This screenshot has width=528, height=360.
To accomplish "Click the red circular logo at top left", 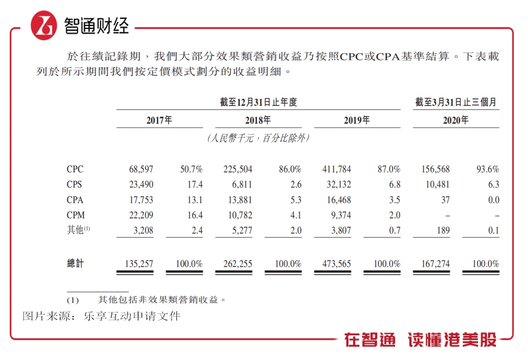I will coord(43,25).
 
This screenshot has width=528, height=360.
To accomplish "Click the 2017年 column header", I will coord(159,120).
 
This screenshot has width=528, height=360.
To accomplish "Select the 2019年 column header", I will coord(357,120).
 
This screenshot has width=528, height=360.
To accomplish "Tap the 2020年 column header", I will coord(456,120).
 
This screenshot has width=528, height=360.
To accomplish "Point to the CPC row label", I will coord(75,169).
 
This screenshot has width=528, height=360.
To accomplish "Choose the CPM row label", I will coord(76,215).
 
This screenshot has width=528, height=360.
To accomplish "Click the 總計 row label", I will coord(75,263).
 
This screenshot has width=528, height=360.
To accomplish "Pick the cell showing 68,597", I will coord(141,169).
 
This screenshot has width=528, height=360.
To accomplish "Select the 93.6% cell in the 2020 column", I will coord(487,169).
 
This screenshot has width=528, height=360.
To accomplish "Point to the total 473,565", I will coord(335,263).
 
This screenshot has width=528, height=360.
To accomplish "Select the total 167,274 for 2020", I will coord(435,263).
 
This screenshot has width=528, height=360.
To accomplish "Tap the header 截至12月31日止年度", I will coord(258,102).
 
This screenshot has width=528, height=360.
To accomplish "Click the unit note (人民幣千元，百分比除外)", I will coord(258,139).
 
